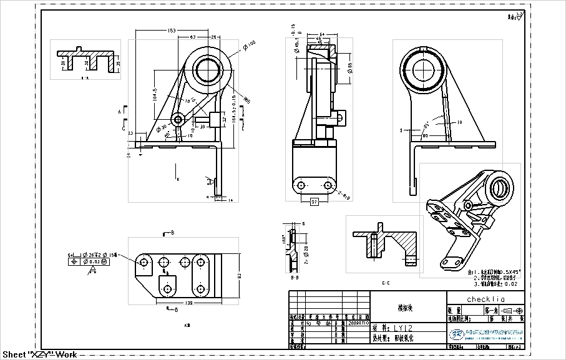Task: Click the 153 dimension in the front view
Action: [x=172, y=30]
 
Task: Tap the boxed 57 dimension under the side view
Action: [x=315, y=202]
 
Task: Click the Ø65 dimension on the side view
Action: [x=350, y=67]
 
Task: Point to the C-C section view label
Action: [x=384, y=283]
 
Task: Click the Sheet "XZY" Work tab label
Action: [x=39, y=355]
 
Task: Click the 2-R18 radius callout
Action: [x=343, y=196]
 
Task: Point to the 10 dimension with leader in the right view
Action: [x=459, y=123]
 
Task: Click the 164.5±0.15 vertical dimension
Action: [x=233, y=110]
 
